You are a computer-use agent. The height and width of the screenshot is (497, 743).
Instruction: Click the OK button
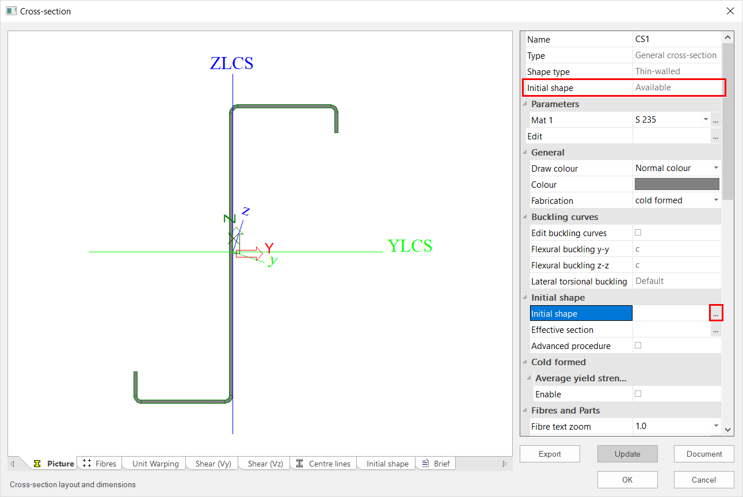627,480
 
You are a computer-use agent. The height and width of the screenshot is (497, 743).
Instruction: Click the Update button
627,454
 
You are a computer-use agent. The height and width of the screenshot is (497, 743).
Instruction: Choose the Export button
550,454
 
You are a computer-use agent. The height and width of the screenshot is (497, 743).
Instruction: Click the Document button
704,454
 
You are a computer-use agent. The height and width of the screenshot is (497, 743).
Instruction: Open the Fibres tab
100,464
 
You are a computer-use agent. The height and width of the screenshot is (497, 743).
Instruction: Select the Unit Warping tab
155,464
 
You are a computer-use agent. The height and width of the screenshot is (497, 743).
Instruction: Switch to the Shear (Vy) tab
214,464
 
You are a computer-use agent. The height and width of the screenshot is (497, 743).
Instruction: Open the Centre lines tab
323,464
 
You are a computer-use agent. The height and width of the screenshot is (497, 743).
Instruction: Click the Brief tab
436,464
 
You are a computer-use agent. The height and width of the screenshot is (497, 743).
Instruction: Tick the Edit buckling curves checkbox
638,233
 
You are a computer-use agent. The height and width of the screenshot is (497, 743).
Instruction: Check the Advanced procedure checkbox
638,346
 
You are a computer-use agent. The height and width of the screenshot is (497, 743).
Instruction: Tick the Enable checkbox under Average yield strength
638,394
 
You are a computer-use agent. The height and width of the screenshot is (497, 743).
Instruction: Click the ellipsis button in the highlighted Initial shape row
716,313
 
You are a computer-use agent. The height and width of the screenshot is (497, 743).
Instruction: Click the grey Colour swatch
677,184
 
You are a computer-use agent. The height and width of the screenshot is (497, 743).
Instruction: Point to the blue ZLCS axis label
231,63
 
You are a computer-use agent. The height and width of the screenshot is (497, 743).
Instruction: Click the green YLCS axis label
410,246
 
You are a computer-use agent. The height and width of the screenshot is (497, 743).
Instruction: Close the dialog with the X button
730,11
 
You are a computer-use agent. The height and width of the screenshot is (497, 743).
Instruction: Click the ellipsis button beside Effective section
716,329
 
